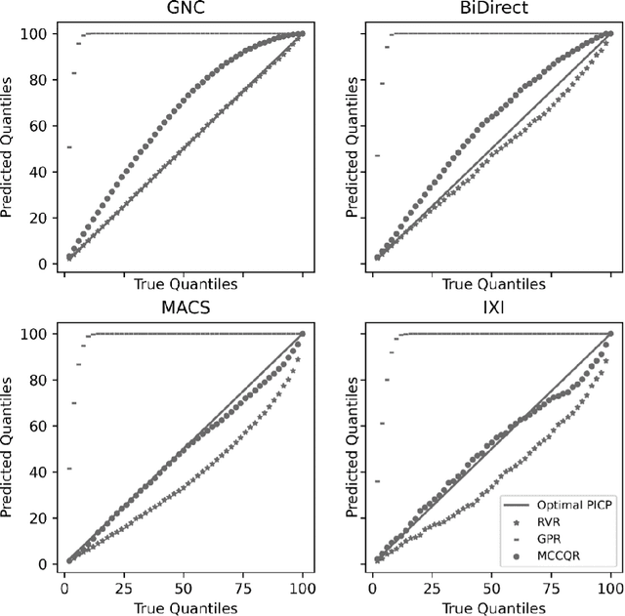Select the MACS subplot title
[x=184, y=309]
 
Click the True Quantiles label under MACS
[x=184, y=606]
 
